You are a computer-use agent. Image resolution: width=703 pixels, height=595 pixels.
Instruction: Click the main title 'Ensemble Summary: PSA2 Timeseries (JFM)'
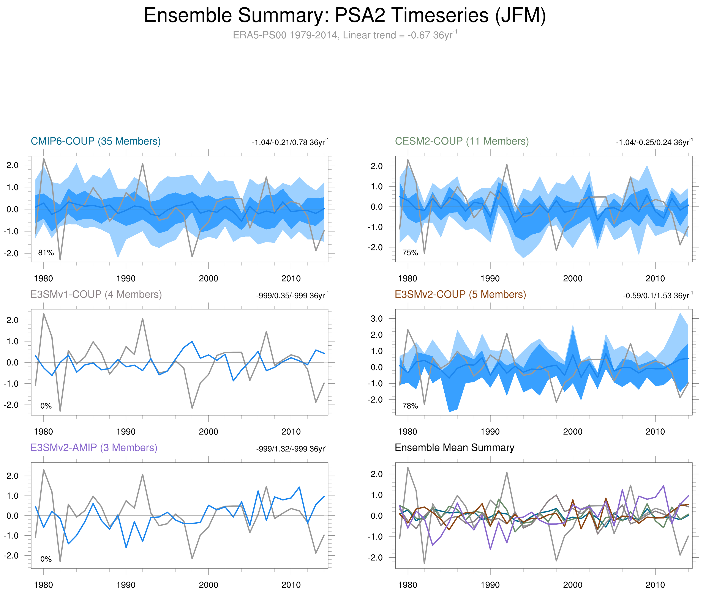point(344,16)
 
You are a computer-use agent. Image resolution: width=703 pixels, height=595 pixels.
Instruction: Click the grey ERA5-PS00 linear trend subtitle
point(344,35)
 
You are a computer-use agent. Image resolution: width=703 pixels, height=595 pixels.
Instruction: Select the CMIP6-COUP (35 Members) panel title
point(96,141)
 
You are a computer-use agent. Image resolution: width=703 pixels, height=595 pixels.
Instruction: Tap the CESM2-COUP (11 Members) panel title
point(462,141)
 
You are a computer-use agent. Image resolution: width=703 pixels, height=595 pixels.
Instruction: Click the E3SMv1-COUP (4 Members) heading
point(96,294)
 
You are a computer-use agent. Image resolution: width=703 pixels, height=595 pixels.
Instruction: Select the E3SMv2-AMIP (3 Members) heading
point(94,448)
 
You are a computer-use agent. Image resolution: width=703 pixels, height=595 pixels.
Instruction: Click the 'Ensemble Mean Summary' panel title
point(454,448)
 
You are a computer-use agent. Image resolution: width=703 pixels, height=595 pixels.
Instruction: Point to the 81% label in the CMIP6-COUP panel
point(46,253)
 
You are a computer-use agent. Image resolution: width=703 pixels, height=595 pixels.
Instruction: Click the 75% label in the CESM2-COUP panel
point(410,253)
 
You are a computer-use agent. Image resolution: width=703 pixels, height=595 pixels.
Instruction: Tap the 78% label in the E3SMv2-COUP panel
point(410,406)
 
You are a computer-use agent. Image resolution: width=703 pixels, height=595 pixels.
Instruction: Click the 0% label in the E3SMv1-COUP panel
point(46,406)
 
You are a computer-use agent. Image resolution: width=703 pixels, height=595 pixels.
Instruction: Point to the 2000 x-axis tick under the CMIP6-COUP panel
point(208,279)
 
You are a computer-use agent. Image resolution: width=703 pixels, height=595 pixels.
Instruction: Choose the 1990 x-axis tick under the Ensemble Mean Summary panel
point(490,585)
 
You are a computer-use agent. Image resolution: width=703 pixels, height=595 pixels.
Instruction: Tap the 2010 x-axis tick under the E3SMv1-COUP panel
point(291,432)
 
